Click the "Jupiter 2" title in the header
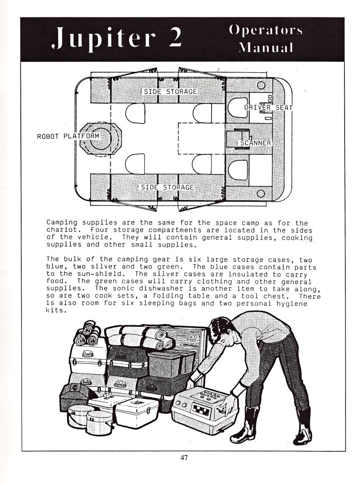click(x=117, y=38)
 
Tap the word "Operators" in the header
click(x=266, y=30)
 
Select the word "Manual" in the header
click(x=266, y=48)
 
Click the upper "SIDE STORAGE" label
click(x=170, y=92)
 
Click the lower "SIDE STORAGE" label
click(x=167, y=187)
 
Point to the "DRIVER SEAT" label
click(x=268, y=107)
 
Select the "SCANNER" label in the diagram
click(x=255, y=143)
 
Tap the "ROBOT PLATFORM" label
click(x=68, y=136)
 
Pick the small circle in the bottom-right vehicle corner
click(x=261, y=193)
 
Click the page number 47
click(x=184, y=458)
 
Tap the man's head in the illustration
click(x=220, y=330)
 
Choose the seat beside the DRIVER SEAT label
click(x=238, y=108)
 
